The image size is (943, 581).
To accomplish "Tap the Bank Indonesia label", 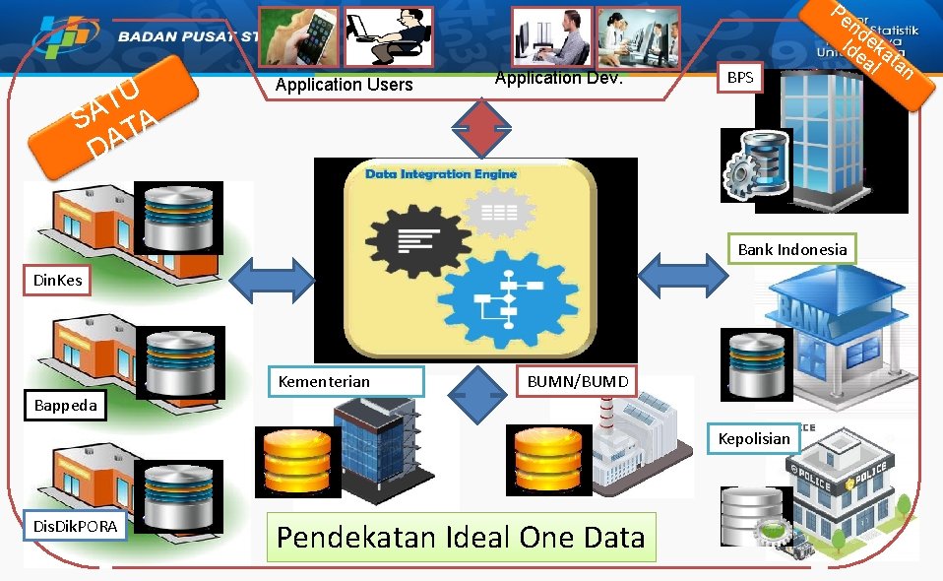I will coord(791,249).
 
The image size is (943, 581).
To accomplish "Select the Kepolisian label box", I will coord(753,438).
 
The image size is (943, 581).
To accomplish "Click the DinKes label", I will coord(58,281).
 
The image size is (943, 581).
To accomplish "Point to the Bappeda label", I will coord(66,405).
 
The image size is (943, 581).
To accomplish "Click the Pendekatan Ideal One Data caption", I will coord(461,537).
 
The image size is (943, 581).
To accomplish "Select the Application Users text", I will coord(344,85).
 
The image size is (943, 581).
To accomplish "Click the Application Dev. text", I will coord(558,78).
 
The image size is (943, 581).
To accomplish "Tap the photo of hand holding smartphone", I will coord(298,36).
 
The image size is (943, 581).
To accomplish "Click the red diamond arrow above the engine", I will coord(483,128).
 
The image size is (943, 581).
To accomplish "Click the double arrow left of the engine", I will coord(273,279).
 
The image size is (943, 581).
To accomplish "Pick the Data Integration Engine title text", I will coord(440,174).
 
